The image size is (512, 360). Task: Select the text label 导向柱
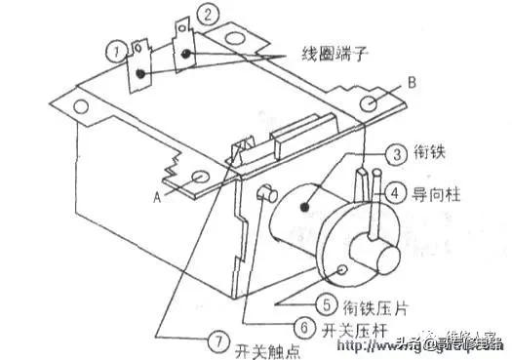[444, 193]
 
